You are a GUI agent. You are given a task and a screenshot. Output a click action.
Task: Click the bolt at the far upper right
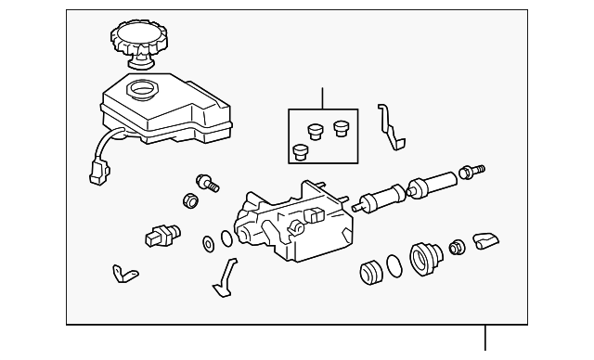471,171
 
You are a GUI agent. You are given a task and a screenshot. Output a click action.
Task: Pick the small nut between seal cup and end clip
456,247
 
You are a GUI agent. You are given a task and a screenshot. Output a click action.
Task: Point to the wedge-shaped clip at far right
484,242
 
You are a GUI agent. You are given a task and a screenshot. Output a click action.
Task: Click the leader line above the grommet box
322,98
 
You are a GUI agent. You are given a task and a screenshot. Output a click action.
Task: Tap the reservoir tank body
167,111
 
